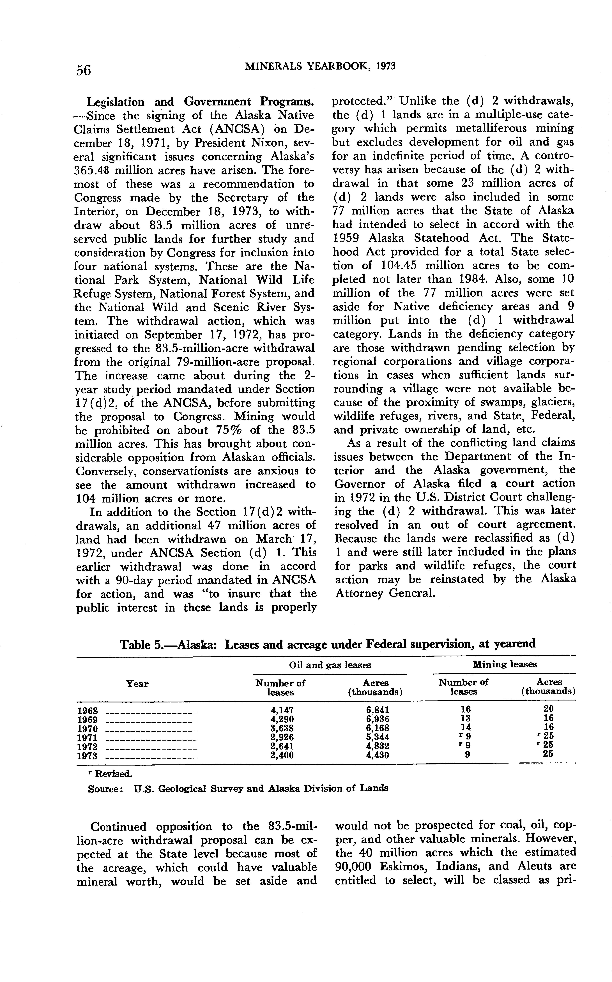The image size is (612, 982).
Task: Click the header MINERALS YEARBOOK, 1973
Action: tap(320, 66)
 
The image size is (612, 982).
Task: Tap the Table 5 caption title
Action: tap(327, 644)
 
